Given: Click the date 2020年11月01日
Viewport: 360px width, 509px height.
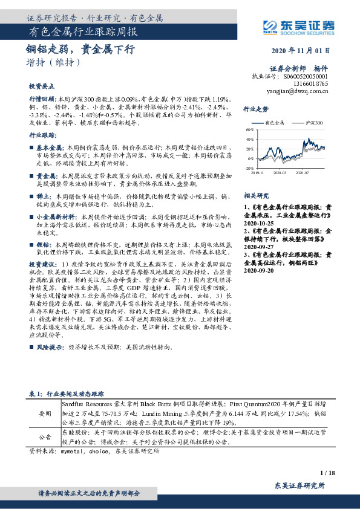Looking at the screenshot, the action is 305,50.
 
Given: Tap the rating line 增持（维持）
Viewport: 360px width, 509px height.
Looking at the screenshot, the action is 53,62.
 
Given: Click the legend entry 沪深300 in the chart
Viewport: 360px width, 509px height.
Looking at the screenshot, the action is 313,123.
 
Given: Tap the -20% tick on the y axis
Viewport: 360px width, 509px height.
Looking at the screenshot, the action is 249,168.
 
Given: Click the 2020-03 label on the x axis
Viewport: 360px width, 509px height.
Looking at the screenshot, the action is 278,173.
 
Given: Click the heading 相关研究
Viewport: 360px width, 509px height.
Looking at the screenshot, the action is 255,196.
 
